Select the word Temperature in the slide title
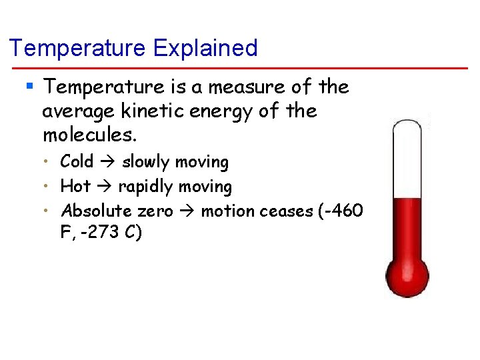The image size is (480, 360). [78, 48]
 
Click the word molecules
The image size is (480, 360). [89, 135]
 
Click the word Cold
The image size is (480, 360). [77, 162]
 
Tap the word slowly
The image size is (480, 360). [145, 162]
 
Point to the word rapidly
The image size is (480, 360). [148, 187]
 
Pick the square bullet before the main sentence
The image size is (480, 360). [29, 86]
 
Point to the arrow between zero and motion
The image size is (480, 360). [187, 212]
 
